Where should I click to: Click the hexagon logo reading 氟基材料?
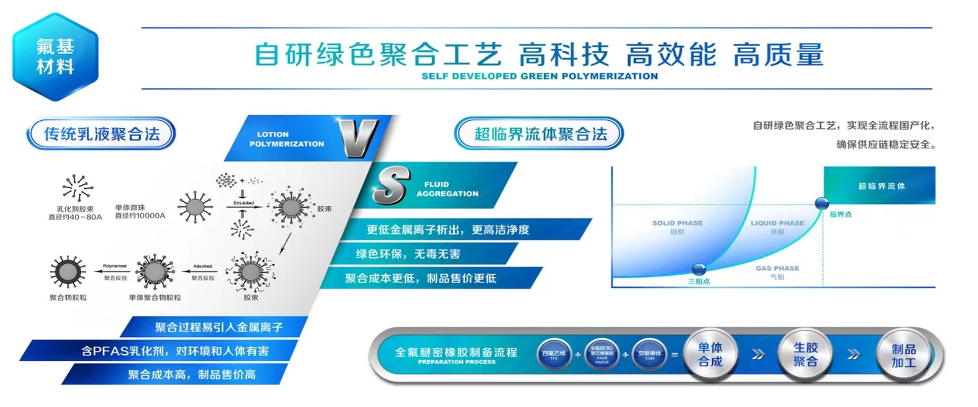click(x=55, y=57)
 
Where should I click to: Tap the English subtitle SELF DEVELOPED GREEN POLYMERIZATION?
click(x=539, y=76)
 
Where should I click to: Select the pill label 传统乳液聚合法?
click(x=101, y=134)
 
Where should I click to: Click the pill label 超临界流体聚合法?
click(x=539, y=134)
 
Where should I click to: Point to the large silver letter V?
click(x=359, y=138)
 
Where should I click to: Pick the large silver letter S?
click(x=392, y=185)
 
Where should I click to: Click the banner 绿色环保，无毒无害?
click(x=408, y=254)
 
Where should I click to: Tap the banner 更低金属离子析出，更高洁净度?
click(x=448, y=230)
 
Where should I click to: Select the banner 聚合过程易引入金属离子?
click(x=219, y=327)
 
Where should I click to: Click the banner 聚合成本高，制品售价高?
click(x=192, y=375)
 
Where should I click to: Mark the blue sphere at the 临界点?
click(x=821, y=203)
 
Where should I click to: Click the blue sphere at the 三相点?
click(x=699, y=269)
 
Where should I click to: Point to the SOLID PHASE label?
click(x=677, y=223)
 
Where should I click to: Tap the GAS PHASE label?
click(x=777, y=268)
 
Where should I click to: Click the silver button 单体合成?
click(x=710, y=355)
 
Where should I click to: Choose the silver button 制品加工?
click(x=903, y=356)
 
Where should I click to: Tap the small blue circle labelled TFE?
click(x=554, y=355)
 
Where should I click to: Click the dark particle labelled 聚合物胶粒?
click(x=67, y=272)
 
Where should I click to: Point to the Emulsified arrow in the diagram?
click(x=243, y=206)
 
